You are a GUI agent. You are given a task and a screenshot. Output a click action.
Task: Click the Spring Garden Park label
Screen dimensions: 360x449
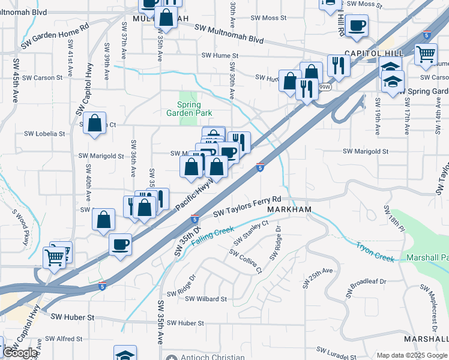pyautogui.click(x=190, y=107)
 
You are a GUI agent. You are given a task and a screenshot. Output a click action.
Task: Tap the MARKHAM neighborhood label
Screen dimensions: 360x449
pyautogui.click(x=289, y=209)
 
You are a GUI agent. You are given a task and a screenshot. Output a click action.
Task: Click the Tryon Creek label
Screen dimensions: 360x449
pyautogui.click(x=375, y=252)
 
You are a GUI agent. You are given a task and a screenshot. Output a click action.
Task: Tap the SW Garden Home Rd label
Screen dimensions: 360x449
pyautogui.click(x=55, y=35)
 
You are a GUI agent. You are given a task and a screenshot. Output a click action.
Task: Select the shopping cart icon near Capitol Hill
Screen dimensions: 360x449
pyautogui.click(x=426, y=54)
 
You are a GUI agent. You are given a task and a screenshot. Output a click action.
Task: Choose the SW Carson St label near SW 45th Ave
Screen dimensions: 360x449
pyautogui.click(x=42, y=78)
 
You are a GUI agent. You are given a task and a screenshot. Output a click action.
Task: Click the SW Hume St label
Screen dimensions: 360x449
pyautogui.click(x=220, y=56)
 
